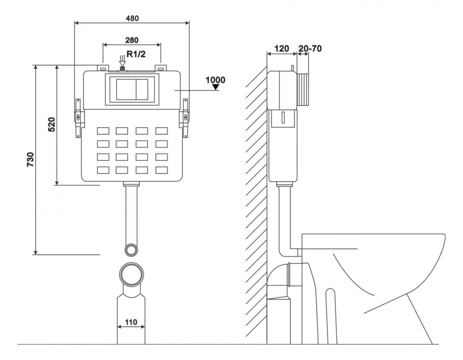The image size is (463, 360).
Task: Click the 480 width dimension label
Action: [132, 18]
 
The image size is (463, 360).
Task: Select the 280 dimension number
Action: [131, 40]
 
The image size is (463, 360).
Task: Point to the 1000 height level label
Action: [215, 80]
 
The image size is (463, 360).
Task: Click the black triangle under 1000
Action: [215, 87]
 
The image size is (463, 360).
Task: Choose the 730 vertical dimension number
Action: [31, 159]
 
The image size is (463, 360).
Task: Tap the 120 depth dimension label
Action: [281, 49]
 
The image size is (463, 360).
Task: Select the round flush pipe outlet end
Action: [131, 250]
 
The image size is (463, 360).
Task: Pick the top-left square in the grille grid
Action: [102, 131]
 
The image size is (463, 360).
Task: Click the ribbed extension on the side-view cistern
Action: [304, 90]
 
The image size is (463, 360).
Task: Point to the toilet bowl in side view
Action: [375, 269]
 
